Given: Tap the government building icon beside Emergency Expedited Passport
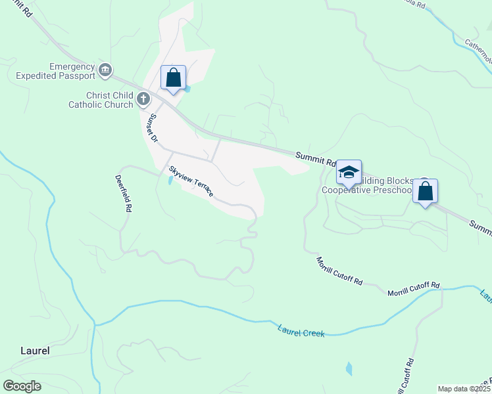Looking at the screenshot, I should tap(105, 70).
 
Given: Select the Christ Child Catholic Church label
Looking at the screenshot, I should tap(101, 100).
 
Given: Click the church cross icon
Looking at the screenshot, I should tap(143, 100).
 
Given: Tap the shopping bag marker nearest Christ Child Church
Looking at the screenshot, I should tap(174, 78).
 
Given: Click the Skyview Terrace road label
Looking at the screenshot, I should tap(191, 182).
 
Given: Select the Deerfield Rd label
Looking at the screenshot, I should tap(124, 193).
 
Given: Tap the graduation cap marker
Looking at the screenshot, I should tap(349, 173).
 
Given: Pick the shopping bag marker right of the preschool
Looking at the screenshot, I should tap(426, 192).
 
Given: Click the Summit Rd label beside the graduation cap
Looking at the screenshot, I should tap(315, 156).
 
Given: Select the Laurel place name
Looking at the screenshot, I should tap(34, 351).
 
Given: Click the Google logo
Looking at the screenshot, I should tap(22, 386).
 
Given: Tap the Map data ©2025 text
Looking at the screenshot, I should tap(463, 389).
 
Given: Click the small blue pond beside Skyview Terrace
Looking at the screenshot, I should tap(171, 179).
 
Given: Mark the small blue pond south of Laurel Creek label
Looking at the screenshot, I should tap(349, 368).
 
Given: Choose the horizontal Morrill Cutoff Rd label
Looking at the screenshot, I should tap(413, 289).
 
